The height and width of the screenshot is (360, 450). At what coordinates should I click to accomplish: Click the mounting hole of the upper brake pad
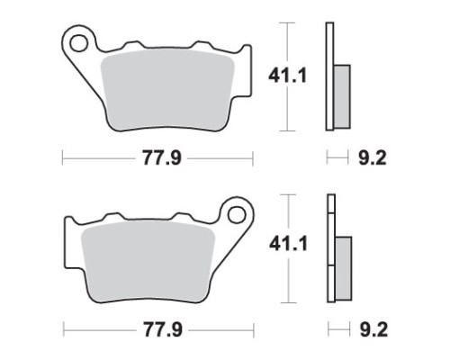click(79, 43)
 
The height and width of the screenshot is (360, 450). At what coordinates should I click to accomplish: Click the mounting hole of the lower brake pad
click(237, 214)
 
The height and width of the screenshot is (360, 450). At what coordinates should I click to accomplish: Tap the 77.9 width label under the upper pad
click(162, 158)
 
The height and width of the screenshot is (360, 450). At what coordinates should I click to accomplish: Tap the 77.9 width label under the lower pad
click(163, 329)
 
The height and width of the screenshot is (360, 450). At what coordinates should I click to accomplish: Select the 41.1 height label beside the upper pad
click(288, 76)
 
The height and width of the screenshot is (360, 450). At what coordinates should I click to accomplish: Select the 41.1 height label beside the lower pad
click(289, 244)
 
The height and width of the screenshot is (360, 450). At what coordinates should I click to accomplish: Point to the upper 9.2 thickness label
click(373, 157)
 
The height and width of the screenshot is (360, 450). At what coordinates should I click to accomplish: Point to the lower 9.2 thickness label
click(373, 329)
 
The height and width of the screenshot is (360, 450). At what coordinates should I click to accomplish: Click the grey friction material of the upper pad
click(167, 90)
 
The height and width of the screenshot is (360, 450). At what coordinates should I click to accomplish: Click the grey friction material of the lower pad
click(148, 262)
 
